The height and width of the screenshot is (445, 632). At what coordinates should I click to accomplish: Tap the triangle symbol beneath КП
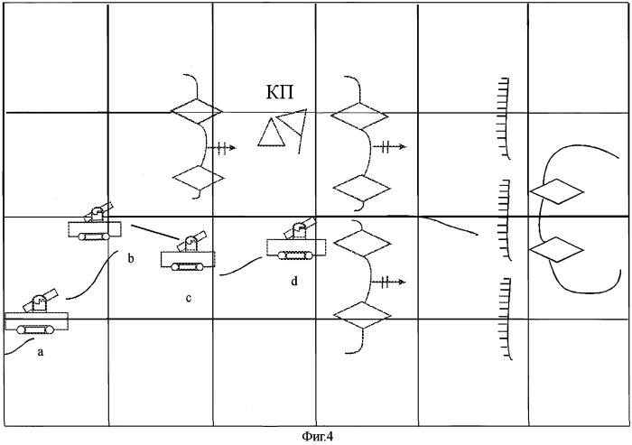[x=271, y=133]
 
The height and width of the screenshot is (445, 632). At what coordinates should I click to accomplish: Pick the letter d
[x=293, y=282]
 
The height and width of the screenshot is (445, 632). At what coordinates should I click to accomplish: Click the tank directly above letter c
[x=188, y=254]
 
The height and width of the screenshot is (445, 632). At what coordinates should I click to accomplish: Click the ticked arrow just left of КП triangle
[x=221, y=146]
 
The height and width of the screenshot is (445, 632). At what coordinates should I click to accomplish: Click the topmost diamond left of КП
[x=196, y=110]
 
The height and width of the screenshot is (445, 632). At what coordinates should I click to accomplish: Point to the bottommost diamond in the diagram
[x=362, y=314]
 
